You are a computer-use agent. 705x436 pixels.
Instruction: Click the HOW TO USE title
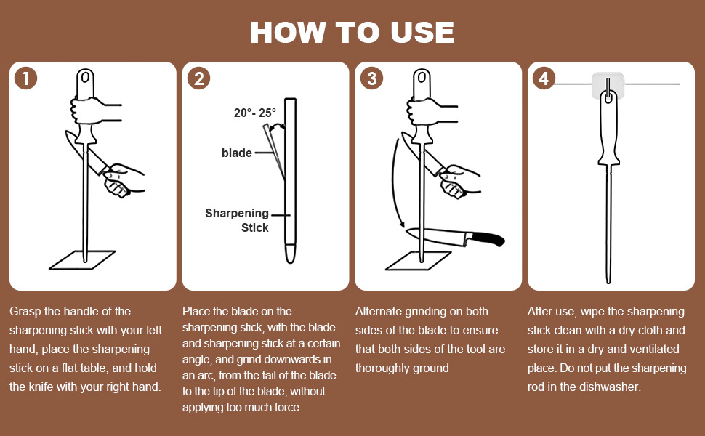tap(352, 33)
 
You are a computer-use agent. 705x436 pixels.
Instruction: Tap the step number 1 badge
tap(26, 78)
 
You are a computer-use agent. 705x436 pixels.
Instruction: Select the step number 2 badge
tap(198, 78)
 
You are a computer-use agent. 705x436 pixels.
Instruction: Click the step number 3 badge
tap(371, 78)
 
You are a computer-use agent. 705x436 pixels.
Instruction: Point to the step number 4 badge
tap(544, 78)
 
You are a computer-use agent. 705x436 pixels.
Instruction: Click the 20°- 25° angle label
tap(256, 113)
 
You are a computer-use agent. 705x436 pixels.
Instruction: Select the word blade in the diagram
tap(236, 153)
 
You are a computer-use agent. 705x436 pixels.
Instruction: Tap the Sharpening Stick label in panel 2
tap(237, 220)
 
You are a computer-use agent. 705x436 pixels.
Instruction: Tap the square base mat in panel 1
tap(82, 259)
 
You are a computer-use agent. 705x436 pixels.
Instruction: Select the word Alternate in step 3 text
tap(380, 311)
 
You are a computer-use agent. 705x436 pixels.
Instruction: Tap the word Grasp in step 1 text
tap(25, 311)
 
